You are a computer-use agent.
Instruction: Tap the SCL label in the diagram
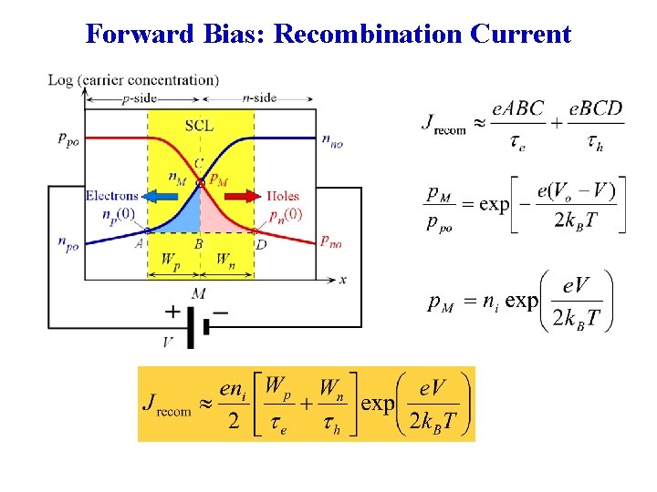pyautogui.click(x=200, y=124)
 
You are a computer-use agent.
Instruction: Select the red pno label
pyautogui.click(x=331, y=241)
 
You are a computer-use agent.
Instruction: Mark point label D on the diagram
pyautogui.click(x=262, y=243)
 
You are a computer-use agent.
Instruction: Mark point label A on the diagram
pyautogui.click(x=140, y=243)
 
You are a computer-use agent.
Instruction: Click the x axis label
pyautogui.click(x=342, y=280)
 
